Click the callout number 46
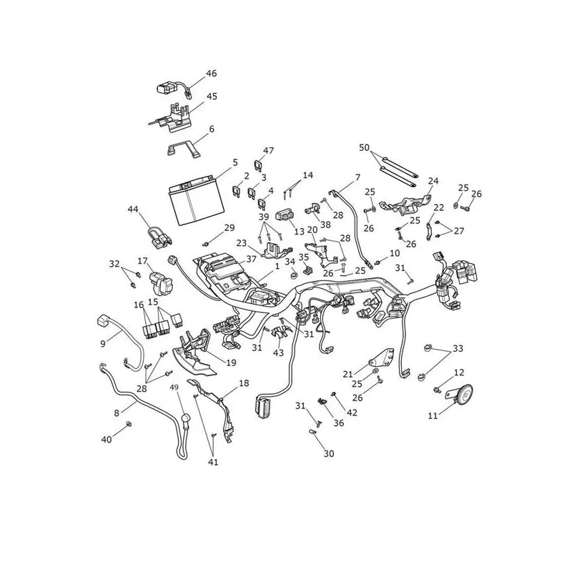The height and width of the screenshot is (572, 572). pyautogui.click(x=211, y=74)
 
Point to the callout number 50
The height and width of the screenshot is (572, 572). pyautogui.click(x=365, y=148)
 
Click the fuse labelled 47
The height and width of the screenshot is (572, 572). pyautogui.click(x=258, y=166)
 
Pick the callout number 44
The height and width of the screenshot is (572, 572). pyautogui.click(x=133, y=209)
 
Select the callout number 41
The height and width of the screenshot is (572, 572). pyautogui.click(x=213, y=462)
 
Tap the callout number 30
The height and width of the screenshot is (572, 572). pyautogui.click(x=329, y=453)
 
